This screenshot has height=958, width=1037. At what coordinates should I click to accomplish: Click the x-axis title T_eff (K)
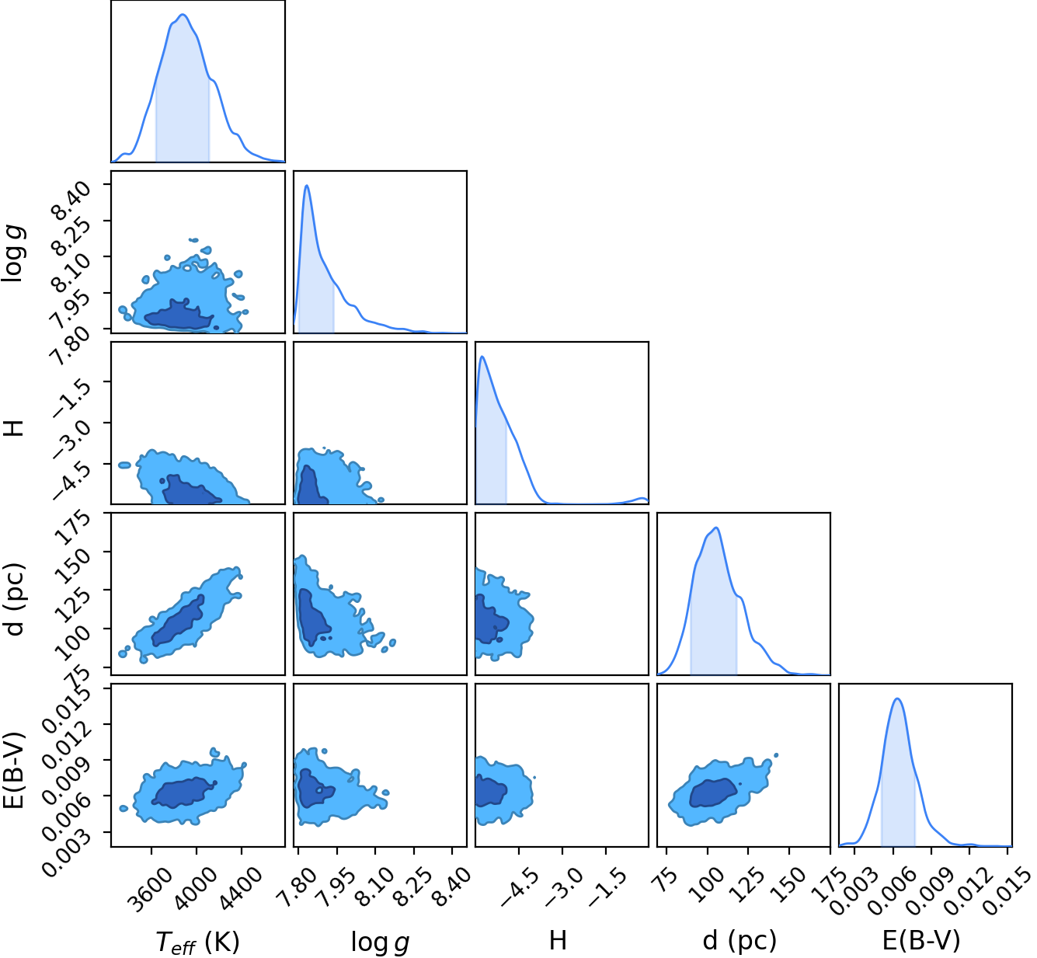click(x=197, y=942)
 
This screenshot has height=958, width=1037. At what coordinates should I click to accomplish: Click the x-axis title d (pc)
click(x=739, y=940)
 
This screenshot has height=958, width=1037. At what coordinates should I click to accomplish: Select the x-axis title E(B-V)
click(x=921, y=940)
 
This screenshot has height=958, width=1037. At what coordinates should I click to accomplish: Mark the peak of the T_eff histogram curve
click(x=183, y=14)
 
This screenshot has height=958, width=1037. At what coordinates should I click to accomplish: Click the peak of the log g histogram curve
click(x=307, y=185)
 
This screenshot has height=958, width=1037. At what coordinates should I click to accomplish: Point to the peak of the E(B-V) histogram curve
click(x=897, y=698)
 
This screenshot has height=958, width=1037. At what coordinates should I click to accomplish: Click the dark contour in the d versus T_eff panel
click(x=178, y=621)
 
